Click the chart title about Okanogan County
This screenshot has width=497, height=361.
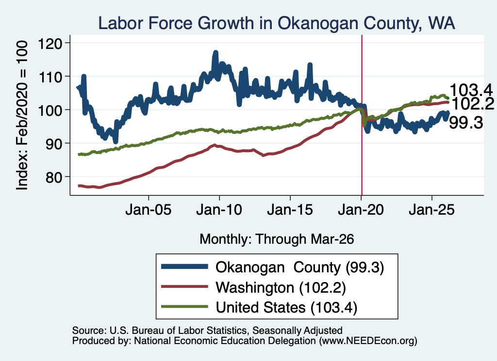click(x=276, y=23)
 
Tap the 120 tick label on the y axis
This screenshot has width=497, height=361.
click(x=50, y=43)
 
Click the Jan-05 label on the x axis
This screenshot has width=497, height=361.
click(x=149, y=210)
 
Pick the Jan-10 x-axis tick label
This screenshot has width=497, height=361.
click(x=219, y=210)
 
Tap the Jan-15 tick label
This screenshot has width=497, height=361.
click(x=290, y=210)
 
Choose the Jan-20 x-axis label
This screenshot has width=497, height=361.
click(x=361, y=210)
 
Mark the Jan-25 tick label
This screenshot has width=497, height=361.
click(x=431, y=210)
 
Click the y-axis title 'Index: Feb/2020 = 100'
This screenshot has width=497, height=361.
click(x=22, y=115)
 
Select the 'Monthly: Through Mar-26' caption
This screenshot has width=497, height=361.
click(x=277, y=239)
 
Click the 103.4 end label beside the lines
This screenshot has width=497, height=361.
click(x=471, y=90)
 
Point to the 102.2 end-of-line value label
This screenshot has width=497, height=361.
click(x=472, y=104)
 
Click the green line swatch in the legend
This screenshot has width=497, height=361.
click(x=184, y=307)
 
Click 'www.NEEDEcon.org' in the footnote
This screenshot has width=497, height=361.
click(x=368, y=341)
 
